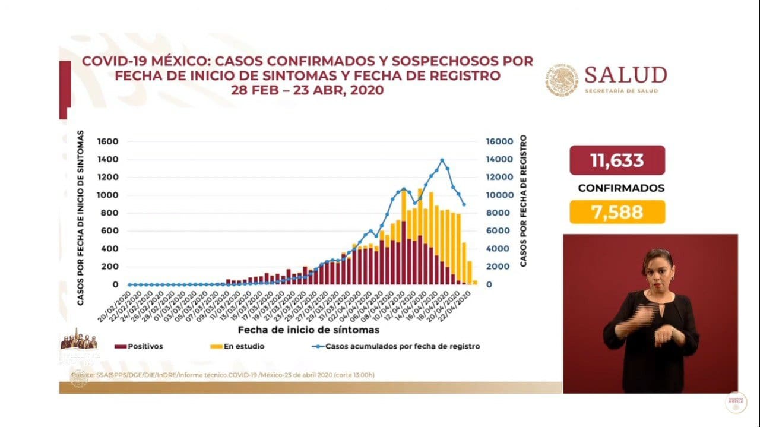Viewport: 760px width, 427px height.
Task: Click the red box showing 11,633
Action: [x=617, y=160]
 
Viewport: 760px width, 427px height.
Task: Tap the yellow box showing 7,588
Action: [x=617, y=212]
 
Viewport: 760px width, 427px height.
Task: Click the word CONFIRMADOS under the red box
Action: [x=621, y=188]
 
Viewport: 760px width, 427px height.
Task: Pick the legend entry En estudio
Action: [x=243, y=346]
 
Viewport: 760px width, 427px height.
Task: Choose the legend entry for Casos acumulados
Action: [x=394, y=346]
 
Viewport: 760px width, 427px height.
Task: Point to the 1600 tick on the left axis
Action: [x=108, y=142]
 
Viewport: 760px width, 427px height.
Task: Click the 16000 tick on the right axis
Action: [x=499, y=142]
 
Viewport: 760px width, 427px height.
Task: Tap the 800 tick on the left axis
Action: [x=110, y=213]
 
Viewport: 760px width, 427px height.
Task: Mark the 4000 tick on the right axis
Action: [x=496, y=249]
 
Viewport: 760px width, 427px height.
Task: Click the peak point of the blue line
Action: [x=442, y=160]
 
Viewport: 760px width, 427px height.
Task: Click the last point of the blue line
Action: [x=463, y=205]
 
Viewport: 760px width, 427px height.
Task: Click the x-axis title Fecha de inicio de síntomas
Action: [x=309, y=329]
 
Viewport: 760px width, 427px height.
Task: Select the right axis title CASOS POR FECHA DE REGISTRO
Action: [x=523, y=201]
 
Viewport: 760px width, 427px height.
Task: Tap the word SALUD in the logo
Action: [x=625, y=75]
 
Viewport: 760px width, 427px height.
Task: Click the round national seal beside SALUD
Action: [x=560, y=80]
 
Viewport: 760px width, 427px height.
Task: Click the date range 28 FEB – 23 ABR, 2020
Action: [x=308, y=90]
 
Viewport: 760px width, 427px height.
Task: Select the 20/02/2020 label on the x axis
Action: [x=119, y=302]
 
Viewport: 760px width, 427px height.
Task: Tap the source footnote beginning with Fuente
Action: [x=223, y=375]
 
